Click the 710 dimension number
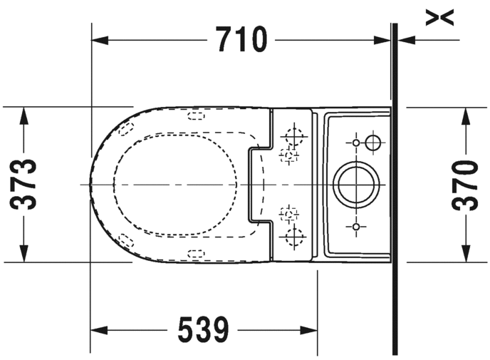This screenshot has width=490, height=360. point(241,39)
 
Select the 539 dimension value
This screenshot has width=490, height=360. point(204,329)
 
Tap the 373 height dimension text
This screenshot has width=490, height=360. point(23,184)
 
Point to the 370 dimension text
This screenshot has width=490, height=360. point(465,185)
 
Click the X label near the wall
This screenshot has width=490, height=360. point(439,18)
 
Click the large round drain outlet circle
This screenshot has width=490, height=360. point(356,185)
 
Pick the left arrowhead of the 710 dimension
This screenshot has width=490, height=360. point(100,41)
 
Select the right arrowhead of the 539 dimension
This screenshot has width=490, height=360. point(309,330)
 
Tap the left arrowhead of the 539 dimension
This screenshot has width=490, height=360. point(99,330)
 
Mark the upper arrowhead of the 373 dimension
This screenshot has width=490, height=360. point(24,115)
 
